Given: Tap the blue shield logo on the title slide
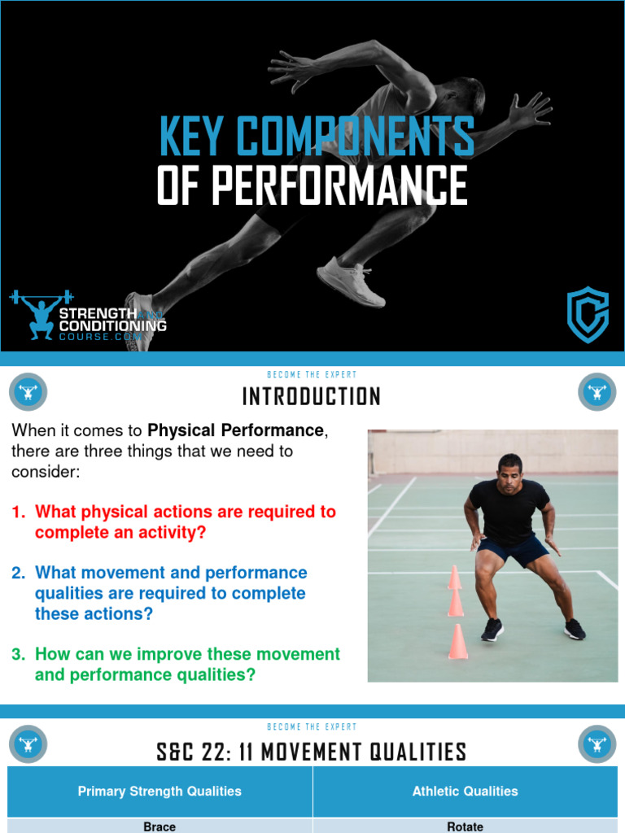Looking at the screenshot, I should pos(587,315).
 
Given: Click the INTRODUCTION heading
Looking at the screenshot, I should pos(312,397).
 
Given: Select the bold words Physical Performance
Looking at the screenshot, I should pos(235,430).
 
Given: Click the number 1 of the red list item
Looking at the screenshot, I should pos(18,512).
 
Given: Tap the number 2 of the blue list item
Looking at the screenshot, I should pos(18,573).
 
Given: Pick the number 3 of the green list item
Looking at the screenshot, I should pos(18,654).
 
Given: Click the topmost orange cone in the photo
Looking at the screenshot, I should pos(454,578).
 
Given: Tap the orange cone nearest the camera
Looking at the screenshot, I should pos(458,642).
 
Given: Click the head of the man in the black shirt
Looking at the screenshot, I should pos(510,473).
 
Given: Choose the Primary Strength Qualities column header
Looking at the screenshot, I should pos(160,791).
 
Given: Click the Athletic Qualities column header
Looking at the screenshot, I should pos(465,791).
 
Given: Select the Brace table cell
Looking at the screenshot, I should pos(160,826).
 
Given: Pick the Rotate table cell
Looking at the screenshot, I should pos(465,826).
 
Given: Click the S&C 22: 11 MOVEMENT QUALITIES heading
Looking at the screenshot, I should pos(312,752).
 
